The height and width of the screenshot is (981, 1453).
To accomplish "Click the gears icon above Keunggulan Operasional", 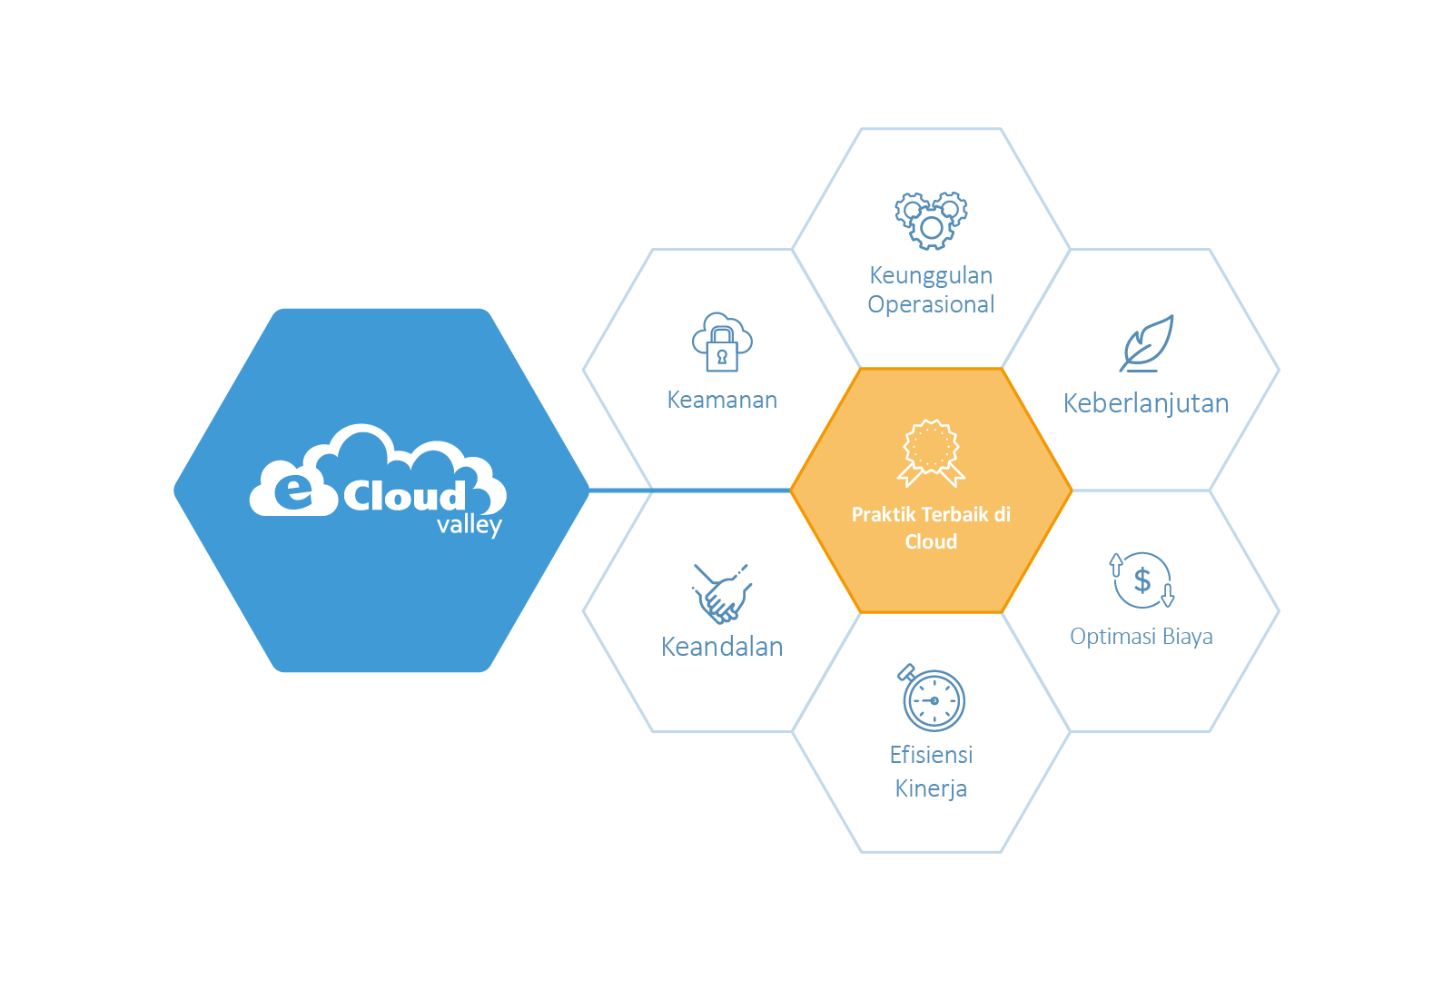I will [931, 220].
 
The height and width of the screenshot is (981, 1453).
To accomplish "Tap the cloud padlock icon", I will [722, 342].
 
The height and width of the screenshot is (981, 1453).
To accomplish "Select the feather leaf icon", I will [1147, 343].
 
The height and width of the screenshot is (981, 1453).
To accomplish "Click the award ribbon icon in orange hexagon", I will [931, 452].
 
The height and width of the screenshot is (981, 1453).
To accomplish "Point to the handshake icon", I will [722, 593].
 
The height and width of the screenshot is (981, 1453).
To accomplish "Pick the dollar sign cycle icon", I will [1142, 580].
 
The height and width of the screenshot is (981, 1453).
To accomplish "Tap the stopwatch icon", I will [932, 698].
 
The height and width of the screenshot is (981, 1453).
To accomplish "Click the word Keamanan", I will [722, 400].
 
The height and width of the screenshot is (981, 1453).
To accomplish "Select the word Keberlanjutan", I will [1146, 403].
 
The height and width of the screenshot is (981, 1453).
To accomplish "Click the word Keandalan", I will [722, 647].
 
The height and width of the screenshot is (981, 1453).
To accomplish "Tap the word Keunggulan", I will [931, 275].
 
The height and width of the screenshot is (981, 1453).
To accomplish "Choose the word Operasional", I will [931, 304].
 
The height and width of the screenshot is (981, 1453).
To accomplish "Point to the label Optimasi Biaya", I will [1142, 636].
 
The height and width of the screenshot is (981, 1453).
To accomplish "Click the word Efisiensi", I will [931, 755].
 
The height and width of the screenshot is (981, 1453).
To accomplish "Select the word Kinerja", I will [931, 788].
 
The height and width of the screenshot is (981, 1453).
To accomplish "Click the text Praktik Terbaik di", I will [931, 514].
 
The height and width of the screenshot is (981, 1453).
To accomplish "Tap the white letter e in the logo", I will [293, 490].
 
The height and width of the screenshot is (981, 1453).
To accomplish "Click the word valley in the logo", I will [469, 525].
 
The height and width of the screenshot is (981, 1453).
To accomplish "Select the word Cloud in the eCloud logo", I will [404, 496].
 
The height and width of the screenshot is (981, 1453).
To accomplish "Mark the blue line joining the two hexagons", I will [690, 490].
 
